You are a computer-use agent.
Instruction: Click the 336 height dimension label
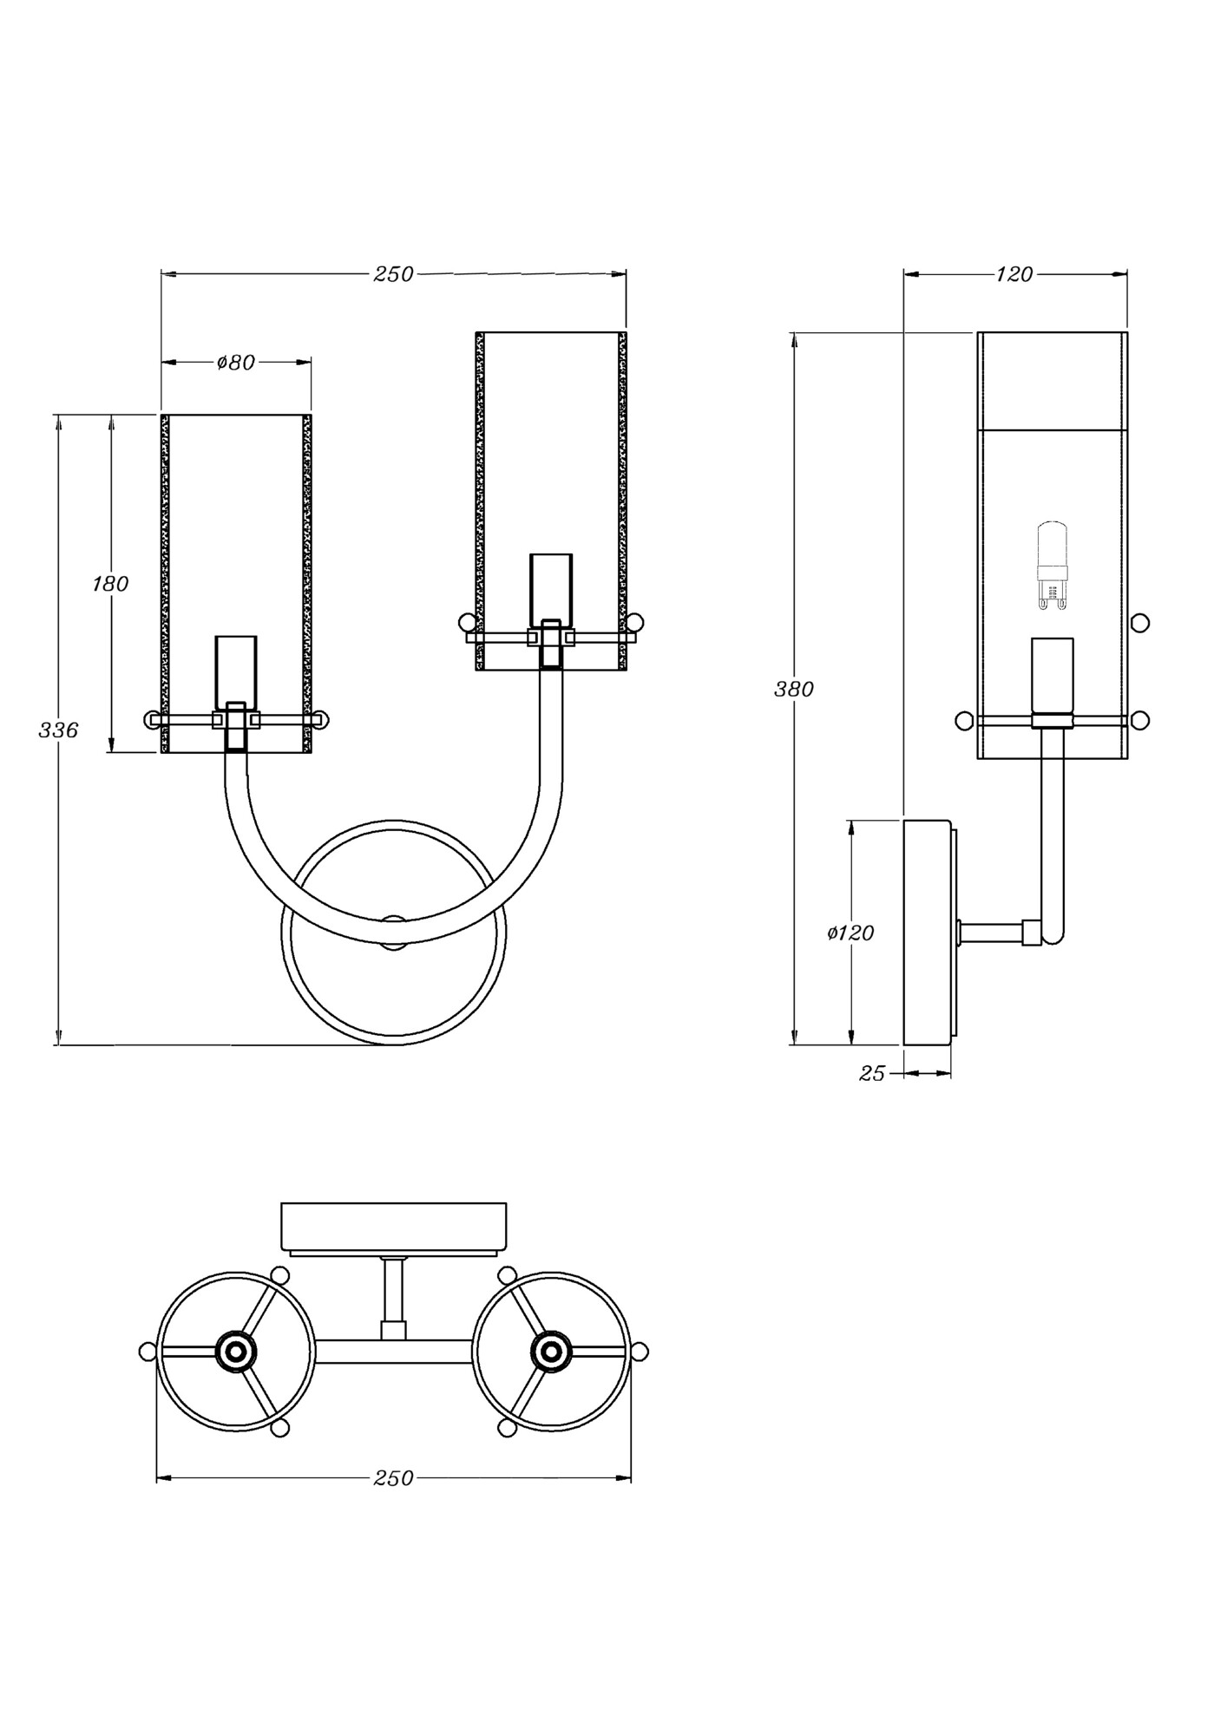[x=58, y=730]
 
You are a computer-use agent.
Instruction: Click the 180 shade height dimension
[x=110, y=584]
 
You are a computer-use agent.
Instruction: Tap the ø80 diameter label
[x=236, y=363]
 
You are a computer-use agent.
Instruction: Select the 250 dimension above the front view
[x=393, y=274]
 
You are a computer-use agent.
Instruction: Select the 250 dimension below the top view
[x=393, y=1478]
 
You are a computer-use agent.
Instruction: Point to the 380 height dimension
[x=793, y=689]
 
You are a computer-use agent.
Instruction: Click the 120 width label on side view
[x=1014, y=274]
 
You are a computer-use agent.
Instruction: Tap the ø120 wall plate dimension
[x=850, y=933]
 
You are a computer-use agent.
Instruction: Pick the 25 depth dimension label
[x=871, y=1074]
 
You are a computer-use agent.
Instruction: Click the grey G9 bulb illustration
[x=1052, y=565]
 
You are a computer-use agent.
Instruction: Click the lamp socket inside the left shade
[x=236, y=670]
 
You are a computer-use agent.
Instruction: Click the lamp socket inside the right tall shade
[x=551, y=588]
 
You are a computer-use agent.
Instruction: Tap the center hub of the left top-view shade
[x=235, y=1352]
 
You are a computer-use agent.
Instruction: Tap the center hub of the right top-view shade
[x=550, y=1352]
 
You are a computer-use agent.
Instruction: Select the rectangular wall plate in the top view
[x=393, y=1227]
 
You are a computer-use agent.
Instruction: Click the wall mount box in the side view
[x=927, y=933]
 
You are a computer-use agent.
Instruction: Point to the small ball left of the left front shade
[x=151, y=718]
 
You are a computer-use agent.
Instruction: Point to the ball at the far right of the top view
[x=640, y=1352]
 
